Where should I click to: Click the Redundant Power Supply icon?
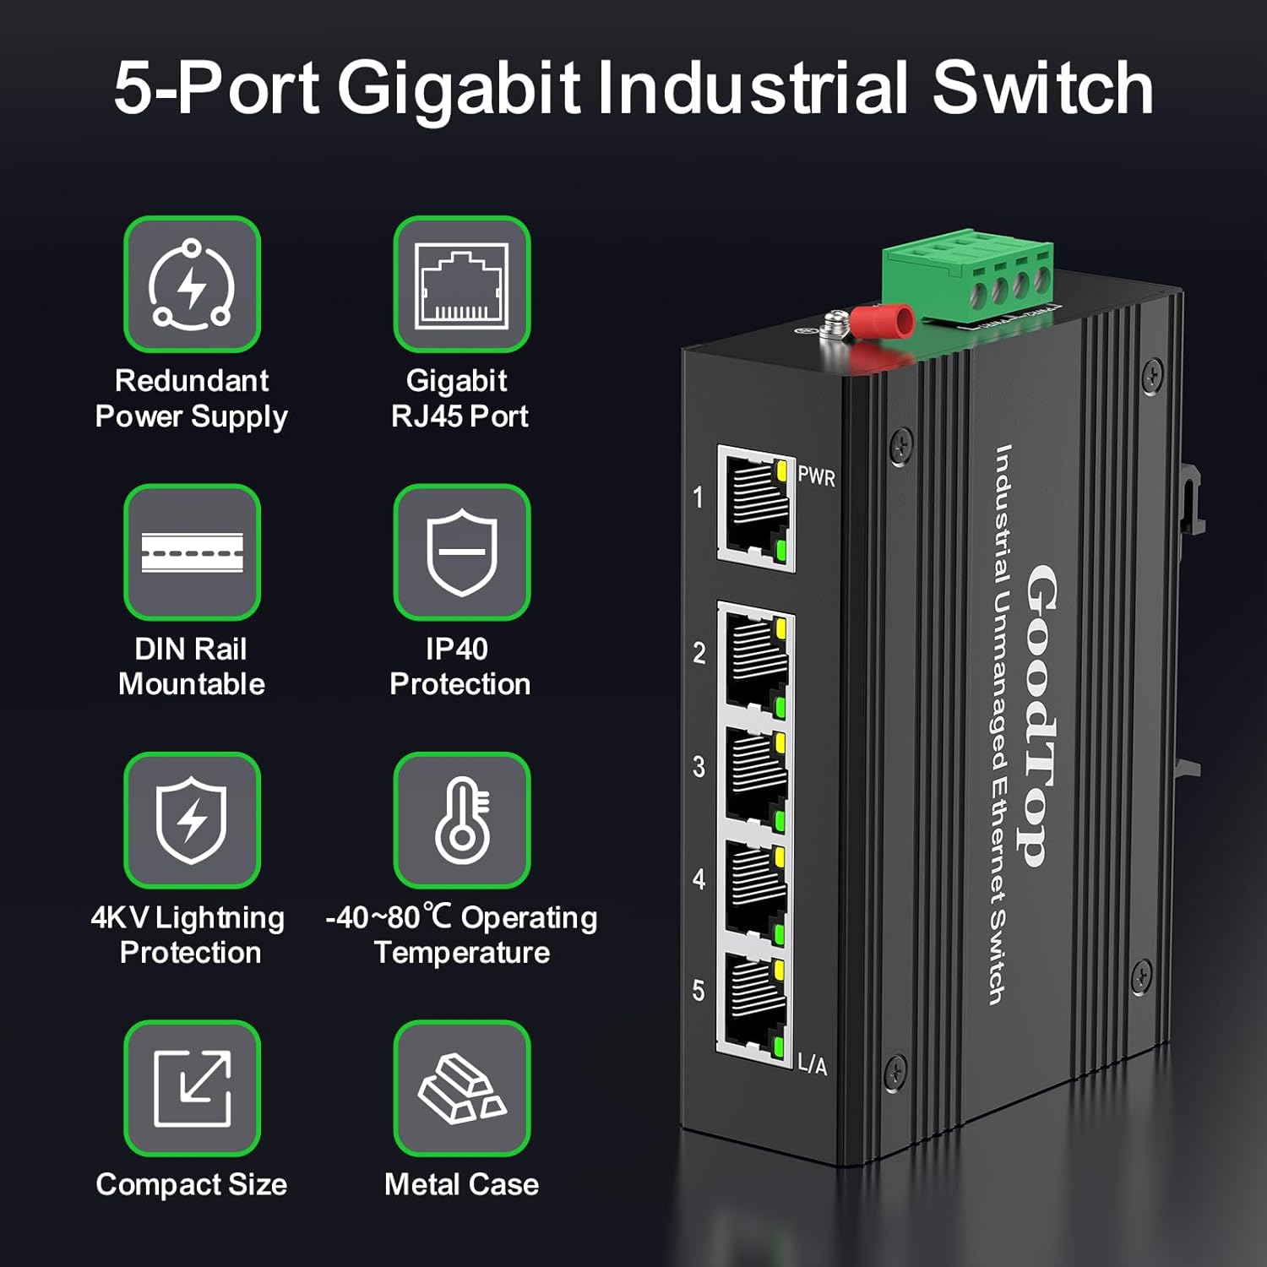tap(192, 284)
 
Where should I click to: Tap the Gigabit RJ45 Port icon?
tap(461, 284)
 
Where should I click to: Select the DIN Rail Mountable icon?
tap(192, 552)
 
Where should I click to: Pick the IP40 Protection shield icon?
tap(461, 552)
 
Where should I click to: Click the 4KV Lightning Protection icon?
tap(192, 820)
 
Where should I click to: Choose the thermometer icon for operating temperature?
tap(461, 820)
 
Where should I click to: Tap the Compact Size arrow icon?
tap(192, 1088)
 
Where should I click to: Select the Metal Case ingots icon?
tap(461, 1088)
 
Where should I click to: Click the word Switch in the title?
tap(1042, 88)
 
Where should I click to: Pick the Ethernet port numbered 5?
tap(754, 1005)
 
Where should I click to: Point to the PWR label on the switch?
tap(816, 476)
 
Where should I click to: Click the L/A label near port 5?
tap(813, 1064)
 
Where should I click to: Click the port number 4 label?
tap(699, 879)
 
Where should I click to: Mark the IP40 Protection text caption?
tap(459, 666)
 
